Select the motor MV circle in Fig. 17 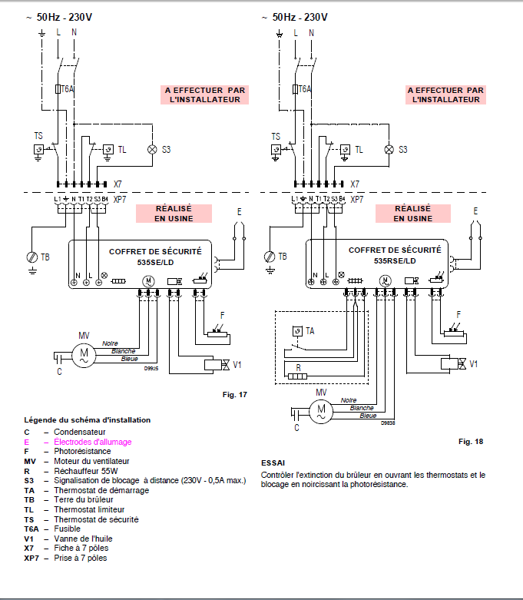tap(84, 354)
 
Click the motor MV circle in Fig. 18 tap(321, 411)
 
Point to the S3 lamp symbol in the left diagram tap(151, 148)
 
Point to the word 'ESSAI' tap(273, 463)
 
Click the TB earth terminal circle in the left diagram tap(31, 257)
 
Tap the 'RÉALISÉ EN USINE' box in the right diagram tap(413, 213)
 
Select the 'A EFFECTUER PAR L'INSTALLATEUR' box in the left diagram tap(204, 94)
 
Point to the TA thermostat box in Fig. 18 tap(297, 331)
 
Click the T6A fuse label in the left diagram tap(68, 89)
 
